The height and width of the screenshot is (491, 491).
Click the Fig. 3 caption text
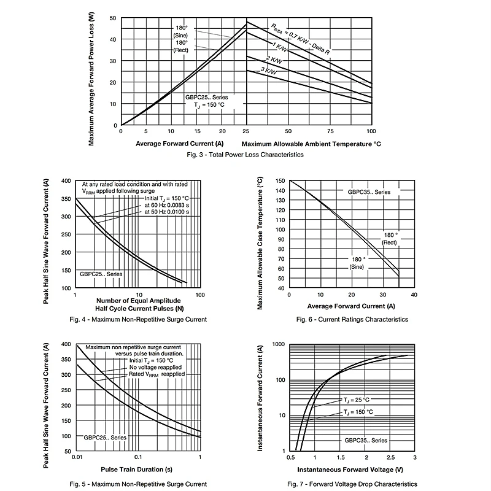pyautogui.click(x=245, y=155)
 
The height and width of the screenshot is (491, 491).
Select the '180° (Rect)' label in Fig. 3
pyautogui.click(x=181, y=46)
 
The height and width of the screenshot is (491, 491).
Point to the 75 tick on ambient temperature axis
pyautogui.click(x=330, y=131)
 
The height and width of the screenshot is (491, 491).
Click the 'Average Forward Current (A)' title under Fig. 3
pyautogui.click(x=180, y=144)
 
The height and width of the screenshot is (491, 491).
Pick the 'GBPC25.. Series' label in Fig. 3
pyautogui.click(x=206, y=98)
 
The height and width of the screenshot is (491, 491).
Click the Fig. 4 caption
pyautogui.click(x=138, y=319)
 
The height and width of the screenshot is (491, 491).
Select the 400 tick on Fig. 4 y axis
pyautogui.click(x=66, y=181)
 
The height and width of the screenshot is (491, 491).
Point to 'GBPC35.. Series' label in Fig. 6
pyautogui.click(x=369, y=192)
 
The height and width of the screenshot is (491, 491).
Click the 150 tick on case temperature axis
pyautogui.click(x=280, y=181)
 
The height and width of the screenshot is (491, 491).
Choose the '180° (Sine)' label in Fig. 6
pyautogui.click(x=357, y=263)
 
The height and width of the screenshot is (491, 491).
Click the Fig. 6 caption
pyautogui.click(x=352, y=319)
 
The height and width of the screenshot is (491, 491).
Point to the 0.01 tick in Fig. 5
pyautogui.click(x=76, y=458)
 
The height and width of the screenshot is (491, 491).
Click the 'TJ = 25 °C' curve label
pyautogui.click(x=357, y=400)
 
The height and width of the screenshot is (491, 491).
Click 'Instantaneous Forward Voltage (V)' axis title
pyautogui.click(x=351, y=470)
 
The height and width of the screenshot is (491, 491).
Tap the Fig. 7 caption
pyautogui.click(x=352, y=484)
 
